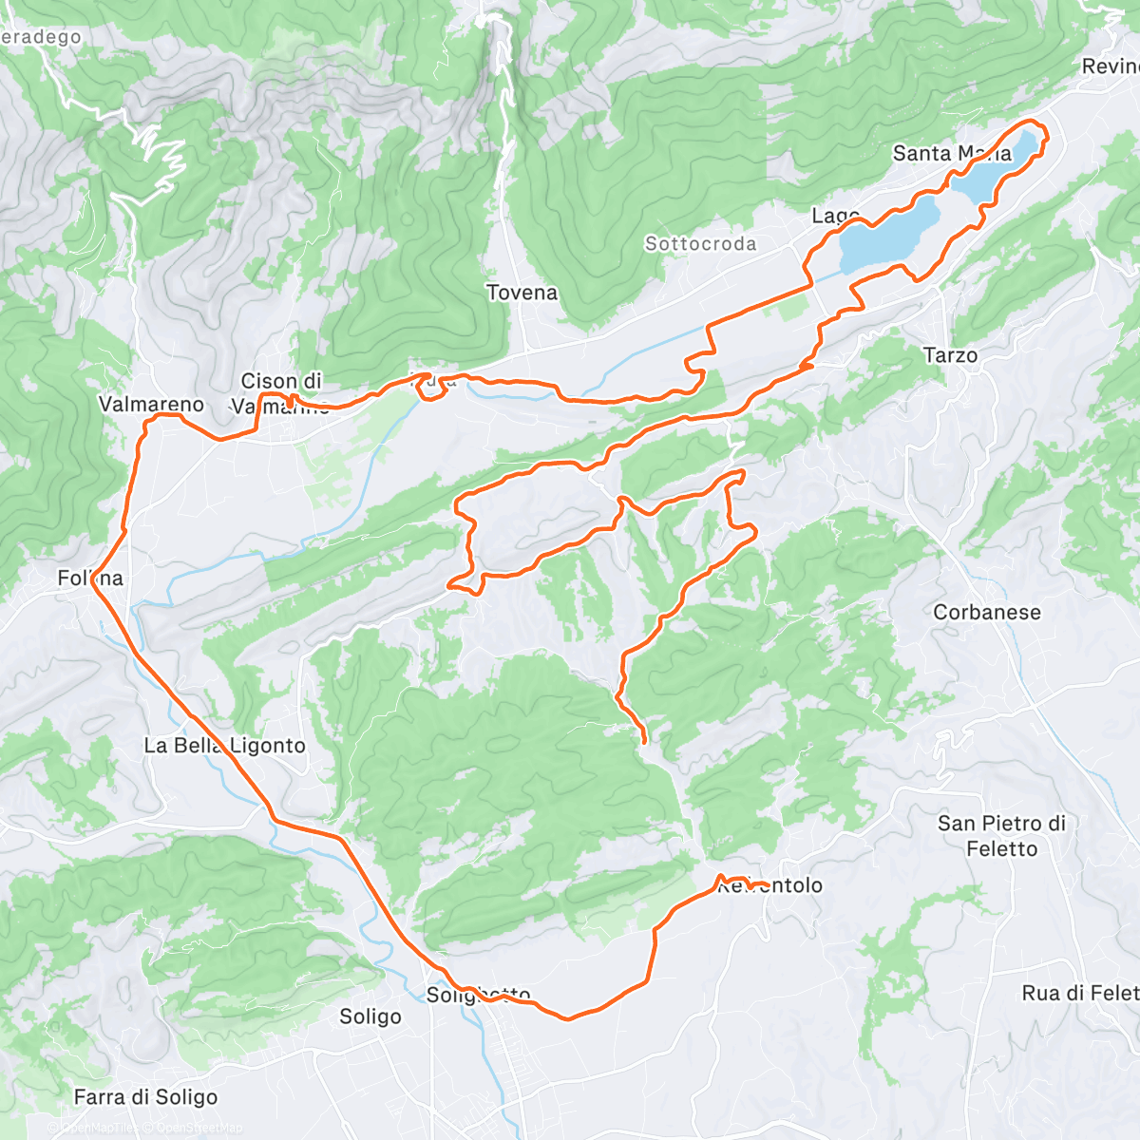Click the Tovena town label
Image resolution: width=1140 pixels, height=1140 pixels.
tap(522, 293)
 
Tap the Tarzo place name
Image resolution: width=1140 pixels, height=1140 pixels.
tap(950, 355)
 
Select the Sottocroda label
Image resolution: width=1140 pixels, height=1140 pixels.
tap(700, 244)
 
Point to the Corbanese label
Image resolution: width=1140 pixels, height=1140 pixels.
tap(987, 613)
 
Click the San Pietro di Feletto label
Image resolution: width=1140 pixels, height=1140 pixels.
tap(1001, 836)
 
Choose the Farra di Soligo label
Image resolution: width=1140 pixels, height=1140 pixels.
tap(145, 1097)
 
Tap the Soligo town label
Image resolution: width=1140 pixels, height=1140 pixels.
tap(370, 1016)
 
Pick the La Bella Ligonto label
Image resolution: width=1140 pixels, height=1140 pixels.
tap(224, 746)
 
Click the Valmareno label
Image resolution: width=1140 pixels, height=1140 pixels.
tap(151, 405)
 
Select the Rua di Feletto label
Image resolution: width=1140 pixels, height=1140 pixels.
tap(1079, 994)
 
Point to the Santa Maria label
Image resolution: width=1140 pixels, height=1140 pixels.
tap(951, 154)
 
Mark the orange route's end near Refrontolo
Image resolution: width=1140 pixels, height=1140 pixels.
tap(766, 887)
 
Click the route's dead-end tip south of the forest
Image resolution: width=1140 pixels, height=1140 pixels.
tap(644, 740)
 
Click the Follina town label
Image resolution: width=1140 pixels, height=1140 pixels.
tap(90, 579)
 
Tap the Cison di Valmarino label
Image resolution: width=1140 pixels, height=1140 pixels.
tap(281, 393)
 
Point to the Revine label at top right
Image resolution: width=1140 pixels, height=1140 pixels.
tap(1110, 66)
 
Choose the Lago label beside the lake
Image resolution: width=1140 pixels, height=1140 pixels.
tap(835, 217)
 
